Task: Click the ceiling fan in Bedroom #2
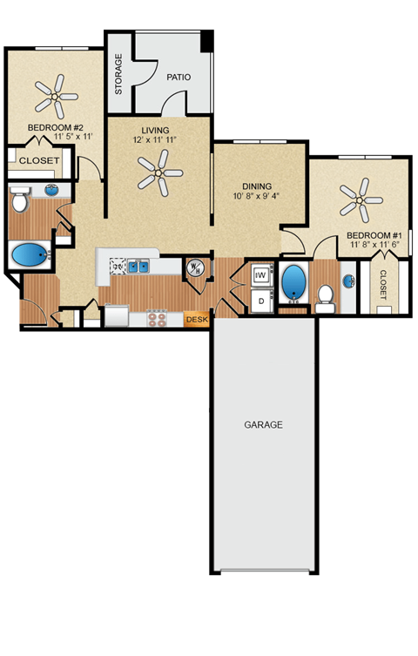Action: [54, 96]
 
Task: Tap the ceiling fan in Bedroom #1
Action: [357, 200]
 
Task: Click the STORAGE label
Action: [118, 74]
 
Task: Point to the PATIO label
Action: [179, 77]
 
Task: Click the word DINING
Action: [258, 186]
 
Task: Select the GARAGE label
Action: [263, 425]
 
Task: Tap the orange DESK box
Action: [197, 320]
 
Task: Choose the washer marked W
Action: [260, 275]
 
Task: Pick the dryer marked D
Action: [260, 300]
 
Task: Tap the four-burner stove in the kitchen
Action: [158, 318]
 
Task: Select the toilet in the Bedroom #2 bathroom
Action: [22, 200]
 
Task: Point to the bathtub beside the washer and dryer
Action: [293, 283]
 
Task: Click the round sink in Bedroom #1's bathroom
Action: [348, 281]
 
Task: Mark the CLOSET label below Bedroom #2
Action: [38, 161]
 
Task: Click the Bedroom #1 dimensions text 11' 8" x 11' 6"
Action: [374, 247]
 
